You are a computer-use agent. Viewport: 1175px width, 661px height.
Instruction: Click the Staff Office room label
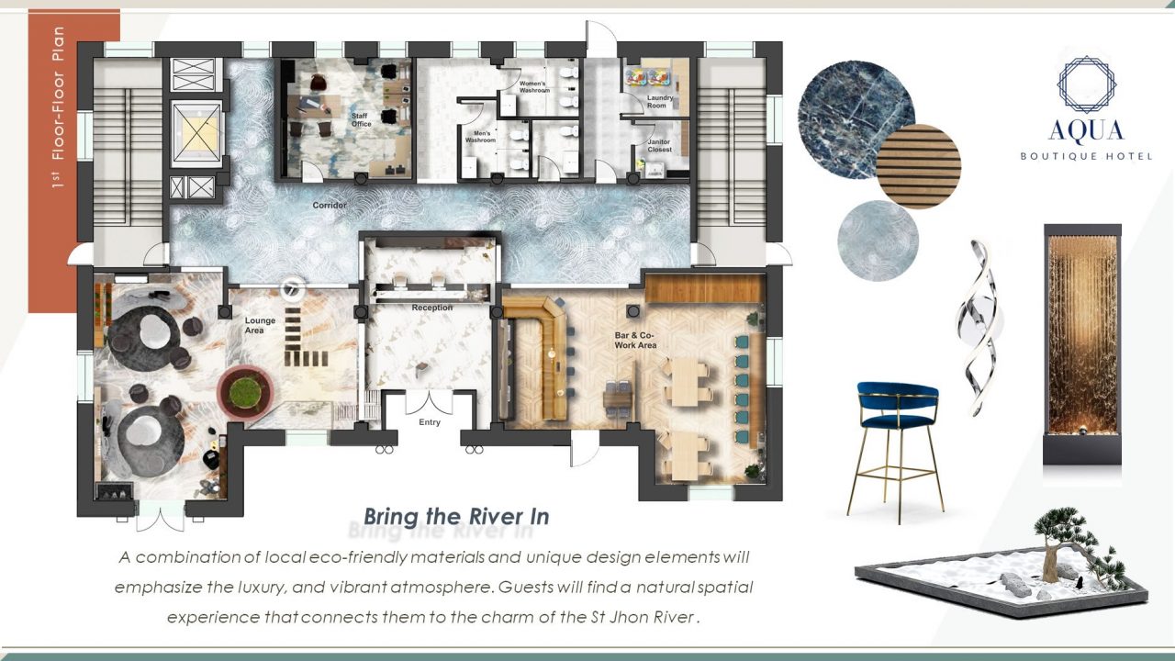click(362, 119)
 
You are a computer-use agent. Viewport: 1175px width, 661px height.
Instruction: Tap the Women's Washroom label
click(534, 86)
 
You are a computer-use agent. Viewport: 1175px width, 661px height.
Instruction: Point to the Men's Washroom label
click(480, 137)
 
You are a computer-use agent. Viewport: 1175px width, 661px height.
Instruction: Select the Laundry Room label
click(659, 101)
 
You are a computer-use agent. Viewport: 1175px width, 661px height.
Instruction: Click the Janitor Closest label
click(659, 145)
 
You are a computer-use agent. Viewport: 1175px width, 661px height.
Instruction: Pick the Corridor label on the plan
click(330, 205)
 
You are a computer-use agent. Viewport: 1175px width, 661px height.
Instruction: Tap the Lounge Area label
click(260, 325)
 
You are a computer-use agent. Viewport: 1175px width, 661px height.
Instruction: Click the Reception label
click(431, 308)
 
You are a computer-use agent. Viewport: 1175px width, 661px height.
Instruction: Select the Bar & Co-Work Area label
click(635, 340)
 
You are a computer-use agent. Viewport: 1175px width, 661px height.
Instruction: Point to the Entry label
click(430, 422)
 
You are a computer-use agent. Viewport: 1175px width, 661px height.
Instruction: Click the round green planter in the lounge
click(245, 393)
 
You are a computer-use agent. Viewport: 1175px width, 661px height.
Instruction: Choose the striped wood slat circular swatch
click(919, 166)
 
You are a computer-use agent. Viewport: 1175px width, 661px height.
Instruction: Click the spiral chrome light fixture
click(977, 328)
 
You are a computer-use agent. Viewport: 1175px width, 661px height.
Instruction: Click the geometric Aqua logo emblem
click(1086, 84)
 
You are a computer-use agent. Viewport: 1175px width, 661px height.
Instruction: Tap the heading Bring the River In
click(456, 516)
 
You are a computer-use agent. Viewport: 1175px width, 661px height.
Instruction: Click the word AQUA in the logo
click(1086, 131)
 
